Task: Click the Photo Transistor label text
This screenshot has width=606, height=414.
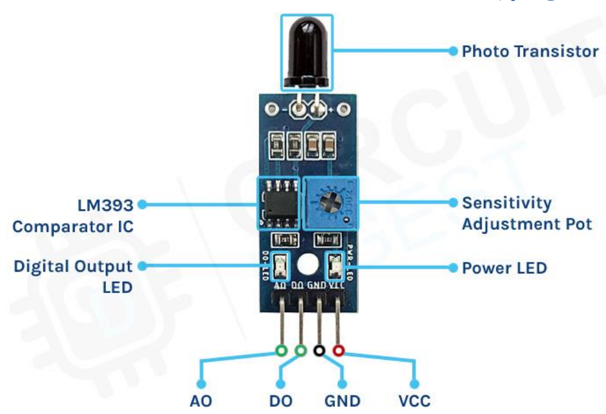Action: [x=530, y=51]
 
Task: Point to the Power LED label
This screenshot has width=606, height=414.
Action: [x=504, y=267]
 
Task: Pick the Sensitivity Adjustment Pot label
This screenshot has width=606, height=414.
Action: [x=527, y=213]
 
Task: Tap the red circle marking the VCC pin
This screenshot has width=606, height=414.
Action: [x=339, y=351]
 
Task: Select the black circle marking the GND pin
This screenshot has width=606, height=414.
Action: [x=320, y=351]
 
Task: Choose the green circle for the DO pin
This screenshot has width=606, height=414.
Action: [x=301, y=351]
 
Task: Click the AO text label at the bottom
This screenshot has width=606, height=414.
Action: [x=201, y=401]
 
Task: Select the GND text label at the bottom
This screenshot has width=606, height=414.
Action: [x=343, y=401]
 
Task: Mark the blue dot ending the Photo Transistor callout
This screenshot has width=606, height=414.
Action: [x=453, y=51]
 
